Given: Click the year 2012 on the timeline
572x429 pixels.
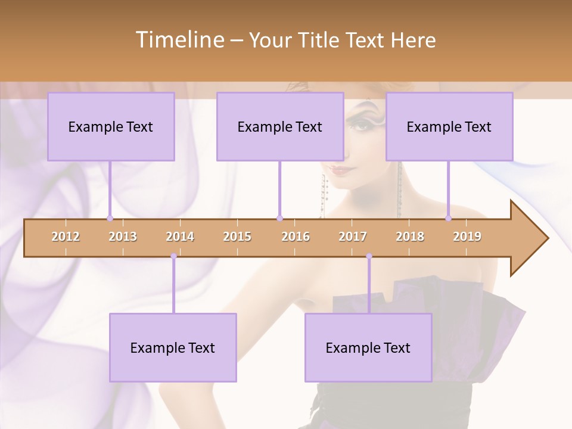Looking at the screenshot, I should coord(66,237).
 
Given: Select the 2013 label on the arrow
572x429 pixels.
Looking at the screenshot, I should coord(123,237).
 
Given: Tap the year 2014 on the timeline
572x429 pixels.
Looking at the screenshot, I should coord(180,237).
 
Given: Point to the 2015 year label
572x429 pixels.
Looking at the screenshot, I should coord(237,237).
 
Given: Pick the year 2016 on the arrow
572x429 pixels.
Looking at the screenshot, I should coord(296,237).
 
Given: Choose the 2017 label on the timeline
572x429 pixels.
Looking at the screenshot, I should coord(353,237).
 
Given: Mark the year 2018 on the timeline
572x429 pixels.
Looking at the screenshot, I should coord(410,237).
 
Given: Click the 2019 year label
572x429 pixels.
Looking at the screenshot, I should coord(467,237).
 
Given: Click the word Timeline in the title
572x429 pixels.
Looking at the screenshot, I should coord(179,40).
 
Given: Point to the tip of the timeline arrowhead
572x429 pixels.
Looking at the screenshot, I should coord(547,238).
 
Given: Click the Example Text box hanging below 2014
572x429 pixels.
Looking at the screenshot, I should coord(173,347).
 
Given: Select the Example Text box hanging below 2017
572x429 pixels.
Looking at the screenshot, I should coord(368,347).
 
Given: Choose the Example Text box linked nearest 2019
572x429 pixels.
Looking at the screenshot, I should coord(449,126).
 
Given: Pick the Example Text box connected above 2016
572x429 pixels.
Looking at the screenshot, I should coord(280,126).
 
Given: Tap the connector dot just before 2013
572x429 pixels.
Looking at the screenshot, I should coord(110,218).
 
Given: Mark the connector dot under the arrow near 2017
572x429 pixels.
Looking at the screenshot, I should coord(369,256).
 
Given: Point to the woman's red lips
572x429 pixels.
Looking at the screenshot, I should coord(340,170).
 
